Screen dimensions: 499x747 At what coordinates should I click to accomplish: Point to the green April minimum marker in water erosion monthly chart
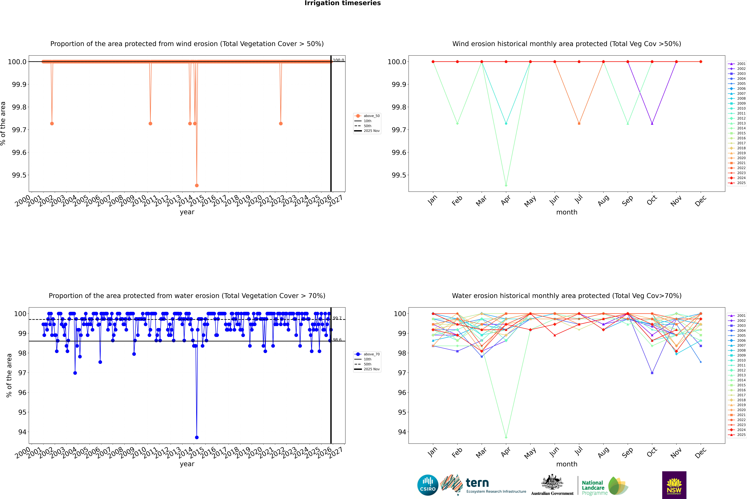pyautogui.click(x=506, y=437)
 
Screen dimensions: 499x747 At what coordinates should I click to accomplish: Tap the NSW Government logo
pyautogui.click(x=674, y=485)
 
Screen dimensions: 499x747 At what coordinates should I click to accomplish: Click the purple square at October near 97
pyautogui.click(x=652, y=373)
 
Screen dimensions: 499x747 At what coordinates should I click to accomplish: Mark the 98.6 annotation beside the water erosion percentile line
pyautogui.click(x=337, y=340)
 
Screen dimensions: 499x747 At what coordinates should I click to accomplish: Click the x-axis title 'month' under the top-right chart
pyautogui.click(x=566, y=212)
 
